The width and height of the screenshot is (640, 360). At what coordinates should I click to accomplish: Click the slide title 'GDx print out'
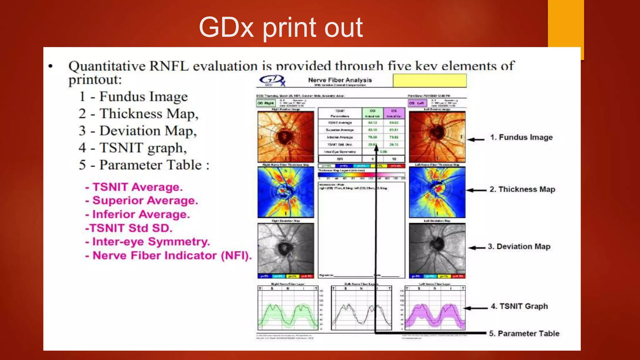click(281, 27)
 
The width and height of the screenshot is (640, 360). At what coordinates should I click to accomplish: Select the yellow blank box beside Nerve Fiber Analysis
click(429, 81)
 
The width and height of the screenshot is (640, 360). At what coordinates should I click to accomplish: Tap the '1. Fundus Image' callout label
click(521, 137)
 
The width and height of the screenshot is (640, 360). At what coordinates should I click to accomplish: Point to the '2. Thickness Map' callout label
click(522, 189)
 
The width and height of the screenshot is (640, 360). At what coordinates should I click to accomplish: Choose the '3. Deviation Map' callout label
click(519, 247)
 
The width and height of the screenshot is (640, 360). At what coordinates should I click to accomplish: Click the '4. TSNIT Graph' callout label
click(519, 306)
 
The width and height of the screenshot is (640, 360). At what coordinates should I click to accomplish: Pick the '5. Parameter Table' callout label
click(524, 333)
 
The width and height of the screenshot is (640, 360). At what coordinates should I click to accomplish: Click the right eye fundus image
click(286, 137)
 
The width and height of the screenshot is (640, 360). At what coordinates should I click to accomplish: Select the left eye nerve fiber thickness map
click(437, 192)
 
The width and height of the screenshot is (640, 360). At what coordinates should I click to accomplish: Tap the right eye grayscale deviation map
click(286, 248)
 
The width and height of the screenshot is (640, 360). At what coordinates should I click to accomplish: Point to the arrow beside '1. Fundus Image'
click(476, 139)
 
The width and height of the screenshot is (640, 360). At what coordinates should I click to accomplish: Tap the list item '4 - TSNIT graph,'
click(133, 148)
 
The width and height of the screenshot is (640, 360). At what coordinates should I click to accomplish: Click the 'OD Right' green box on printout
click(266, 103)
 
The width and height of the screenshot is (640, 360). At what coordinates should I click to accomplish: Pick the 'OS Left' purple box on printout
click(417, 103)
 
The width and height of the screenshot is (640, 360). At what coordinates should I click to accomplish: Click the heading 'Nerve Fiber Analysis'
click(340, 80)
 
